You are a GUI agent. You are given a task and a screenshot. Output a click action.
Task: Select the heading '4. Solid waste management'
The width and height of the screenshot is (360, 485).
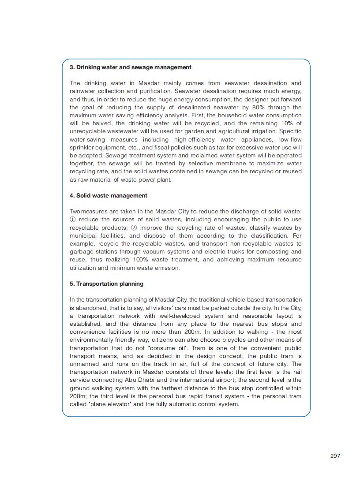109,195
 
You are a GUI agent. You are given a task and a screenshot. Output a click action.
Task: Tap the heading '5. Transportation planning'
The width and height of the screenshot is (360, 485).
106,284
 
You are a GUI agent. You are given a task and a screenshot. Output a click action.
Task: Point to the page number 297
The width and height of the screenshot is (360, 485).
335,455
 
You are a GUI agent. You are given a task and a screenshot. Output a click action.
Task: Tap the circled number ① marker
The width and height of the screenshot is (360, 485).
73,220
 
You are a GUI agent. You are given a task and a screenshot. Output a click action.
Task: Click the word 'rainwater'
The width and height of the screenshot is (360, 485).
82,91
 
